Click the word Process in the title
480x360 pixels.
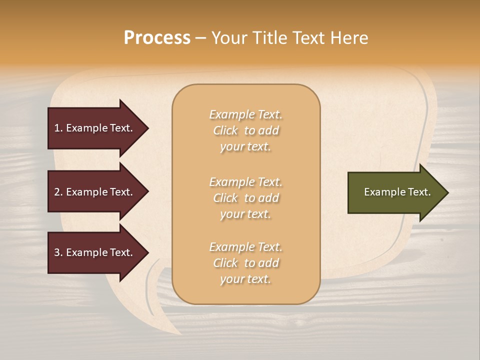(x=157, y=38)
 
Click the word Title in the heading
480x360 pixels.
(x=270, y=38)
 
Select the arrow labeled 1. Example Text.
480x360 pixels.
(x=95, y=128)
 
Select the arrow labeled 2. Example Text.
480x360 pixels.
(x=95, y=192)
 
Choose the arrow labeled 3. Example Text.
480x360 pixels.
(x=95, y=252)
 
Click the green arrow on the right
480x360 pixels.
(x=395, y=192)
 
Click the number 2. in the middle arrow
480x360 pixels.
(x=58, y=192)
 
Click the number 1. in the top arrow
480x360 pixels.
(x=58, y=128)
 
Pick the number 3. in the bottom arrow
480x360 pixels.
(x=58, y=252)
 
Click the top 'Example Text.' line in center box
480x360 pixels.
(x=245, y=114)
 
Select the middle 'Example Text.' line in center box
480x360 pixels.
(x=245, y=182)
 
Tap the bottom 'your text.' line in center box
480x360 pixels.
(x=245, y=279)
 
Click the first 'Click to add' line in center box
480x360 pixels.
(x=245, y=130)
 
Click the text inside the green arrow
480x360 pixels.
(x=397, y=192)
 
